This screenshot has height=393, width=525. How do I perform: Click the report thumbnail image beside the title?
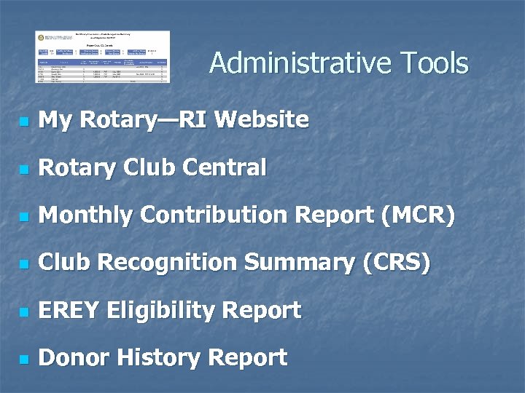pos(103,57)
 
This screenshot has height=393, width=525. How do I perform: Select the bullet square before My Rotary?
pos(25,122)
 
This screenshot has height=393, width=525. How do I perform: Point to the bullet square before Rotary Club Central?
pos(25,170)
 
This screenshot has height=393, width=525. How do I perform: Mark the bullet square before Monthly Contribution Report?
pos(25,217)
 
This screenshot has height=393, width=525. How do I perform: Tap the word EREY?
pos(69,311)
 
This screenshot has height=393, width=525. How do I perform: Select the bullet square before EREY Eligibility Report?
pos(25,312)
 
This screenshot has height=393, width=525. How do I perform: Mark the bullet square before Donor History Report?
pos(25,360)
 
